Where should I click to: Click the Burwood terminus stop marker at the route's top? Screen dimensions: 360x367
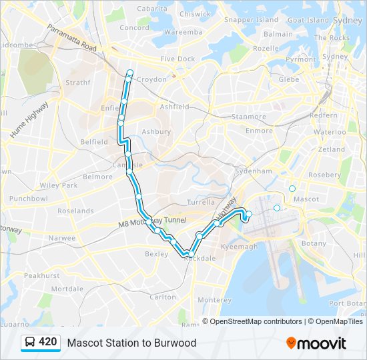pyautogui.click(x=130, y=73)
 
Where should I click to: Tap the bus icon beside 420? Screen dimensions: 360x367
pyautogui.click(x=30, y=343)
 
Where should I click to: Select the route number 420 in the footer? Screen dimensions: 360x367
pyautogui.click(x=48, y=343)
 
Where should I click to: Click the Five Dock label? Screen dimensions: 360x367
pyautogui.click(x=177, y=59)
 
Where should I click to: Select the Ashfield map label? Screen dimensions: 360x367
pyautogui.click(x=175, y=107)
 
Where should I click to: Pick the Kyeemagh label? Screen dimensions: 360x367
pyautogui.click(x=239, y=247)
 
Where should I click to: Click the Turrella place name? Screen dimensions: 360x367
pyautogui.click(x=201, y=202)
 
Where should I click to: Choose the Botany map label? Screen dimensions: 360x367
pyautogui.click(x=314, y=243)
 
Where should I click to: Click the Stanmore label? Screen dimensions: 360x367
pyautogui.click(x=249, y=117)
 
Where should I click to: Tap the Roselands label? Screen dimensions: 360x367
pyautogui.click(x=75, y=211)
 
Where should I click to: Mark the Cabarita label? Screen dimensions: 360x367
pyautogui.click(x=152, y=9)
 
